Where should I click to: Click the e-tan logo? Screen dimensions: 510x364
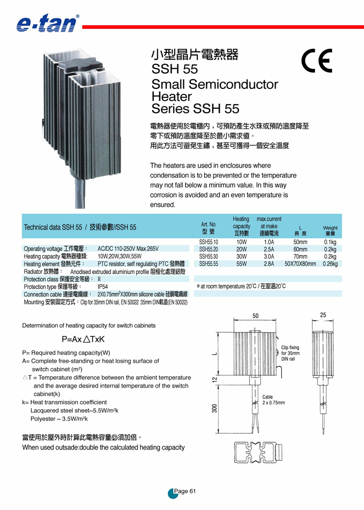(x=47, y=23)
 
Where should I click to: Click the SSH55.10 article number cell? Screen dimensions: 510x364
(x=209, y=242)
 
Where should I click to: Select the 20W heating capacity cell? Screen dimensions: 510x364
(x=242, y=249)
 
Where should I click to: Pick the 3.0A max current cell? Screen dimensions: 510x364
(x=269, y=256)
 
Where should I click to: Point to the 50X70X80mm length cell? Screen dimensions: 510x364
(x=300, y=264)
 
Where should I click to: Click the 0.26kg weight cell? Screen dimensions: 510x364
(x=330, y=264)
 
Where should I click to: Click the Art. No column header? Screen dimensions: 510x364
(x=209, y=227)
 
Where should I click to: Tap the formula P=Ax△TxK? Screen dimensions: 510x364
(x=84, y=339)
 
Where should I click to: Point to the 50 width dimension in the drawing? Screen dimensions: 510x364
(x=256, y=316)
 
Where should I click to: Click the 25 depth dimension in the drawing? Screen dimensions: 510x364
(x=323, y=315)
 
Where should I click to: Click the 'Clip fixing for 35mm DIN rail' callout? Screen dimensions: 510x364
(x=290, y=353)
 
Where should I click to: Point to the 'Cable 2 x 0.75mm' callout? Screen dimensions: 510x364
(x=273, y=399)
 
